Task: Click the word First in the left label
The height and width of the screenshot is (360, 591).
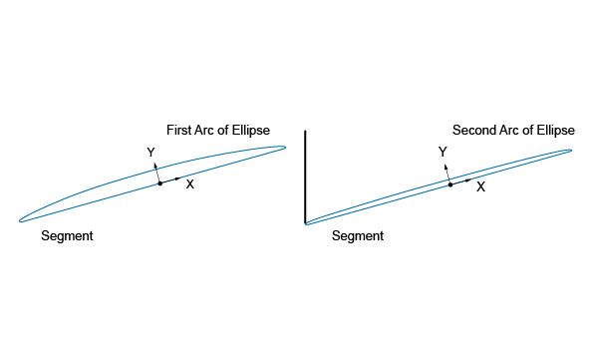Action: [179, 130]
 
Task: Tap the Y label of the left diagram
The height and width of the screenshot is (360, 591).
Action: [150, 153]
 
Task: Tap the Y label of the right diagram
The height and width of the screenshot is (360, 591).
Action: [443, 152]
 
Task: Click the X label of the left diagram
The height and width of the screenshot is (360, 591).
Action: [190, 184]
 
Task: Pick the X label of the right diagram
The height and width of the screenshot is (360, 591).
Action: [480, 186]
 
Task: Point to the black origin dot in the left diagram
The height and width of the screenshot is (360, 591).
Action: [159, 183]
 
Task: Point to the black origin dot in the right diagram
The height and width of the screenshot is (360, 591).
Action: [450, 184]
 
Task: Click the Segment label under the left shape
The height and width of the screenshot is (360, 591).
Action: [67, 236]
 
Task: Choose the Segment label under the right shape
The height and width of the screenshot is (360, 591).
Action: [358, 236]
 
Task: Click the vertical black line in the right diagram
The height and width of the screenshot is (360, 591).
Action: [305, 178]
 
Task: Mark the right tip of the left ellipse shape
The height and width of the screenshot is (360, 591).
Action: [286, 148]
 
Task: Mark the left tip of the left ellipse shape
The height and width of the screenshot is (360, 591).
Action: [20, 221]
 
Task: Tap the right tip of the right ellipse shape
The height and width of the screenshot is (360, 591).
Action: [572, 151]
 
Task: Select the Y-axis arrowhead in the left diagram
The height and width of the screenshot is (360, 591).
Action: [154, 166]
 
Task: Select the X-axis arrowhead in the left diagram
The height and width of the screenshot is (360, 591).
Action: [178, 178]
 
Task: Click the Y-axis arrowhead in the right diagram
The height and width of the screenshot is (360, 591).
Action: [445, 167]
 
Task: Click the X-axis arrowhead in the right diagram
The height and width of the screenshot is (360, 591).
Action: [468, 180]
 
